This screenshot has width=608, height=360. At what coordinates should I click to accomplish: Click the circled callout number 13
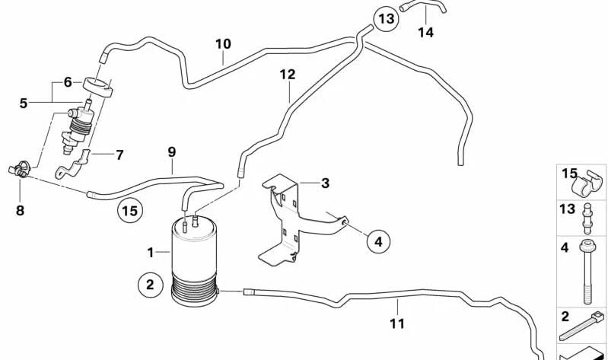click(x=386, y=18)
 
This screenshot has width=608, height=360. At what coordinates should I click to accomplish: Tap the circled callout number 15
click(x=130, y=211)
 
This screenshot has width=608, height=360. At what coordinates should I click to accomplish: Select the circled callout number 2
click(x=150, y=285)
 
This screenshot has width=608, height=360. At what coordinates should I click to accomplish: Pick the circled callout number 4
click(x=378, y=242)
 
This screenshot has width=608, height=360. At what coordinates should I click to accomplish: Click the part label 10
click(x=224, y=44)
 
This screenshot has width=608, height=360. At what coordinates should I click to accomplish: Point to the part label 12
click(x=288, y=74)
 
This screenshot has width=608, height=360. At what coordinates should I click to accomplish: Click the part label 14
click(x=425, y=32)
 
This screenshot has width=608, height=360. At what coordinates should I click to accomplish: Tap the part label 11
click(x=397, y=323)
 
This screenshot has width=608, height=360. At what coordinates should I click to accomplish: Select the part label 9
click(x=172, y=151)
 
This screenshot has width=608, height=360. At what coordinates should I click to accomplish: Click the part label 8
click(x=20, y=211)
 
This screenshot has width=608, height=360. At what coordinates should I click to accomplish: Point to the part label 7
click(x=119, y=155)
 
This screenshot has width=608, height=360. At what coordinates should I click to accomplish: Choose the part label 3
click(x=325, y=183)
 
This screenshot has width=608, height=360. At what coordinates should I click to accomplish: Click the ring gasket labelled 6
click(x=97, y=88)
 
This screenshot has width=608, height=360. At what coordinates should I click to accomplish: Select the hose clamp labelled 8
click(x=19, y=169)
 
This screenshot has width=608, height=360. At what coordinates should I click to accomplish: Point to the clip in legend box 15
click(x=588, y=183)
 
